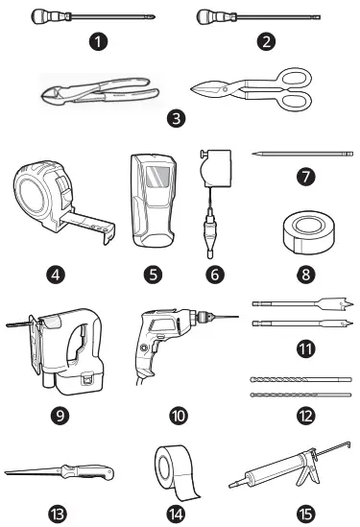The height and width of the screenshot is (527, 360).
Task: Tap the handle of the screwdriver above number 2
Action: tap(212, 16)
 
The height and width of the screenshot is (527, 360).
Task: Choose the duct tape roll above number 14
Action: tap(179, 469)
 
